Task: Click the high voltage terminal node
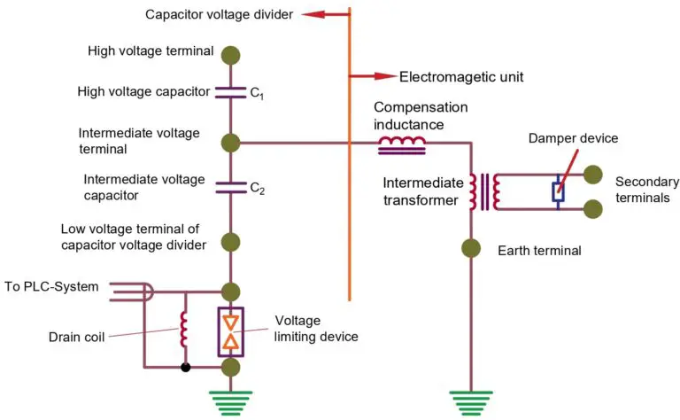pos(231,53)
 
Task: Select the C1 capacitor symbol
pos(231,91)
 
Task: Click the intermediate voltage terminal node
pos(231,142)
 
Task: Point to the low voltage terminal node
pos(231,241)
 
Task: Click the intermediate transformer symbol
pos(483,192)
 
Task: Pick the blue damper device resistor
pos(558,192)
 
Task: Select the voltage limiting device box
pos(231,329)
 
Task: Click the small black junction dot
pos(184,367)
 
